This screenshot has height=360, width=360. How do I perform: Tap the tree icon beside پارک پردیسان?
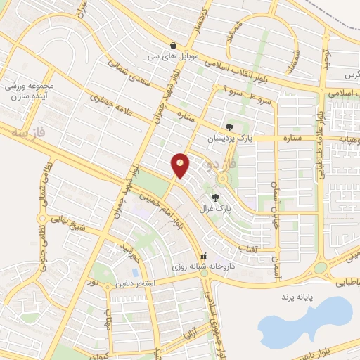(229, 127)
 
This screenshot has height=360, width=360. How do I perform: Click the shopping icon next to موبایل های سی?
(173, 44)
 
